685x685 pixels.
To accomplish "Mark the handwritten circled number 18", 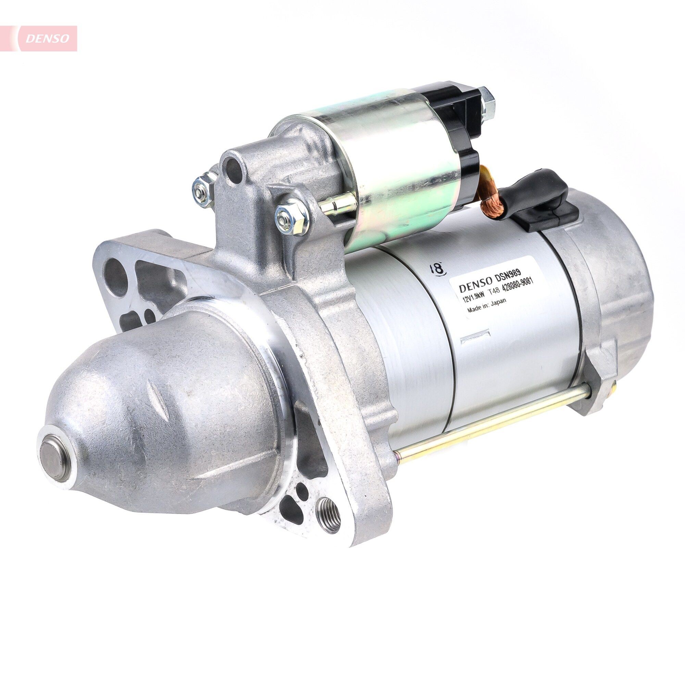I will [437, 268].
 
